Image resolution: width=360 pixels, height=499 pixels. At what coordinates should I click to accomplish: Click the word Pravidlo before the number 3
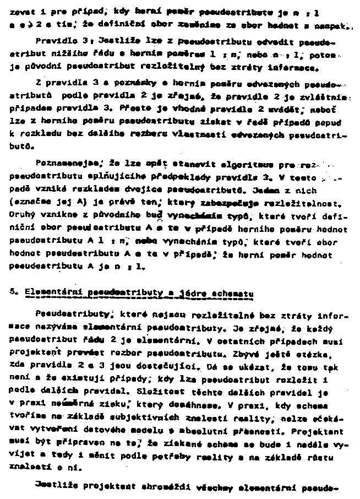(x=52, y=41)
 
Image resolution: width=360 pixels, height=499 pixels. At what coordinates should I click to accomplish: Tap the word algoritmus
(x=242, y=163)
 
